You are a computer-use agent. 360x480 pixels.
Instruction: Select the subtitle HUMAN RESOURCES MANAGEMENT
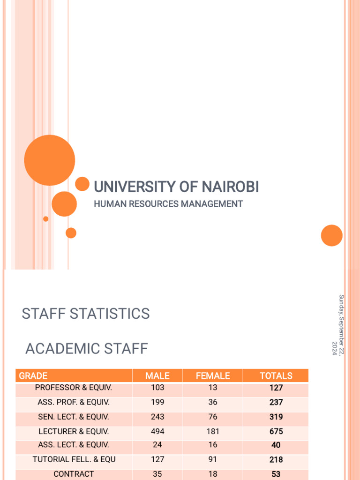point(168,204)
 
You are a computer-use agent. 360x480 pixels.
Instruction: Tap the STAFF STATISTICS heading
point(86,314)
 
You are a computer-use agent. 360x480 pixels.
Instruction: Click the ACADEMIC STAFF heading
point(87,349)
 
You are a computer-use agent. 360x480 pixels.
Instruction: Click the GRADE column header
point(33,375)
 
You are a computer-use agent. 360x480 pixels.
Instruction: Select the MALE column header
point(157,375)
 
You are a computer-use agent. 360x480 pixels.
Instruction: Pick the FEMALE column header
point(213,375)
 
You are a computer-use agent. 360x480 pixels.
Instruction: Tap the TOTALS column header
point(276,375)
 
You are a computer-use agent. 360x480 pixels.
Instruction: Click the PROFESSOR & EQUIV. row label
point(74,388)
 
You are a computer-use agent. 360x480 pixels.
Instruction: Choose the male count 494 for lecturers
point(157,431)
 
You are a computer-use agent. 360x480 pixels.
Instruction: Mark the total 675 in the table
point(276,431)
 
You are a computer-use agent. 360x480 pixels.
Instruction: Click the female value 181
point(213,431)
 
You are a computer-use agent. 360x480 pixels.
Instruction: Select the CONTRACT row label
point(74,474)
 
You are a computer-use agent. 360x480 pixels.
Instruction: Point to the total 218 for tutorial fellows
point(276,460)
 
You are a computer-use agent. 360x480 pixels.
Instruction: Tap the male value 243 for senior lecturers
point(157,417)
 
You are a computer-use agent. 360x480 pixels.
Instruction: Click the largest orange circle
point(49,160)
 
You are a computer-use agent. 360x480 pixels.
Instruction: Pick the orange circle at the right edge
point(332,235)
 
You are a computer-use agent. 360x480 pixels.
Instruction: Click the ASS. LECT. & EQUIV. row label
point(74,445)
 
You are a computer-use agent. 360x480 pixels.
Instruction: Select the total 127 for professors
point(276,388)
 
